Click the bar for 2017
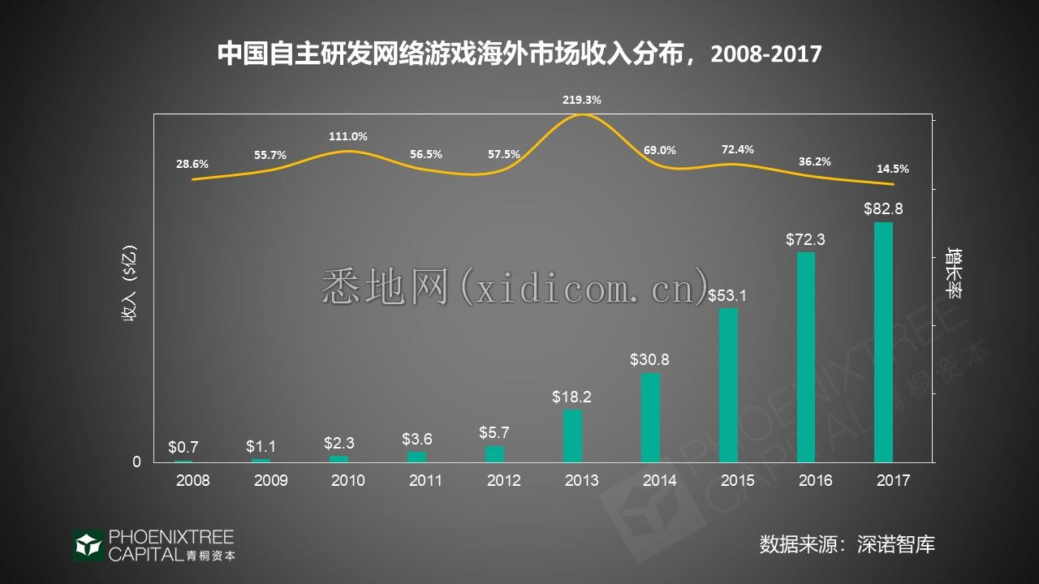(x=883, y=341)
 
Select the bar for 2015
(x=728, y=385)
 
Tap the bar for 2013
(x=573, y=436)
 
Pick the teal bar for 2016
(x=805, y=357)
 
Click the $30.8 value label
(x=650, y=359)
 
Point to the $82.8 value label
(x=883, y=208)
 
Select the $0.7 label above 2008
(x=183, y=447)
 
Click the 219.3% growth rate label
(x=582, y=100)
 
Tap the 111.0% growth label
(x=348, y=136)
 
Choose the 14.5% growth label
(x=893, y=170)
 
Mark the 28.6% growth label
(x=192, y=164)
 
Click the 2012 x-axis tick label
(x=504, y=480)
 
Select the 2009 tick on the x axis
(x=270, y=480)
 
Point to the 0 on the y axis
(x=136, y=462)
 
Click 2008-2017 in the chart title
(x=766, y=54)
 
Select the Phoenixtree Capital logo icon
(x=88, y=545)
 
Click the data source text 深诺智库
(x=896, y=543)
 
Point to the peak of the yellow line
(x=582, y=115)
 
